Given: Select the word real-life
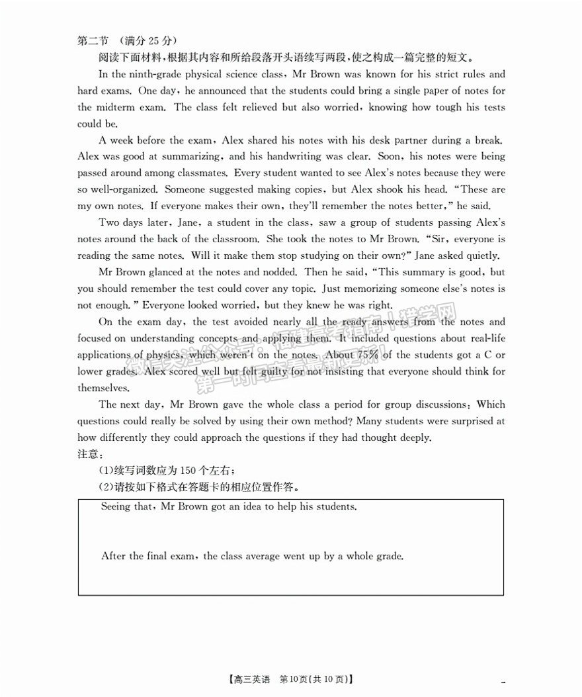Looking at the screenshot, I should coord(485,338).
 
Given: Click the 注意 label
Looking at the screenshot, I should coord(89,454).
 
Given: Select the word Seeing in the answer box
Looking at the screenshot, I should coord(116,507).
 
